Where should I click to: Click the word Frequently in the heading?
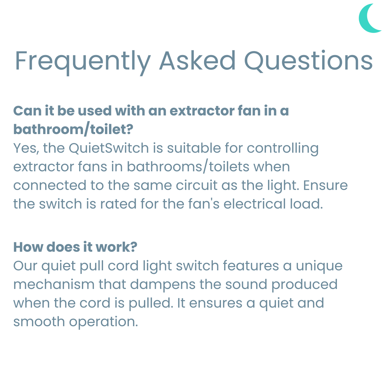coord(82,61)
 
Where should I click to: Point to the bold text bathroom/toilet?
coord(73,129)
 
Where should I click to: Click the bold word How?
coord(28,247)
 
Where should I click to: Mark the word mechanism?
coord(54,284)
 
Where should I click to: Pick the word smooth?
coord(39,322)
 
